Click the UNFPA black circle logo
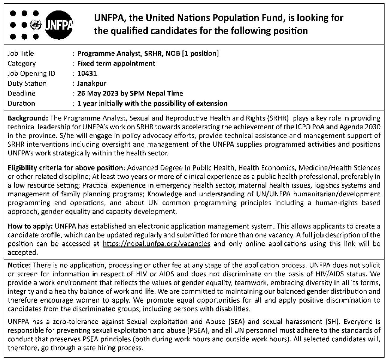(x=59, y=25)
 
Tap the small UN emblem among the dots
(x=36, y=25)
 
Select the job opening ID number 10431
(x=87, y=73)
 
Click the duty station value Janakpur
(x=92, y=83)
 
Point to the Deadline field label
(x=22, y=93)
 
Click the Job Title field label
(x=21, y=53)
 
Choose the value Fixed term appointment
(x=116, y=63)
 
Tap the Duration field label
(x=21, y=104)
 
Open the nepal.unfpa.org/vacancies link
(x=156, y=244)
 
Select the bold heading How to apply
(x=30, y=226)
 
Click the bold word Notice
(x=19, y=265)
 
